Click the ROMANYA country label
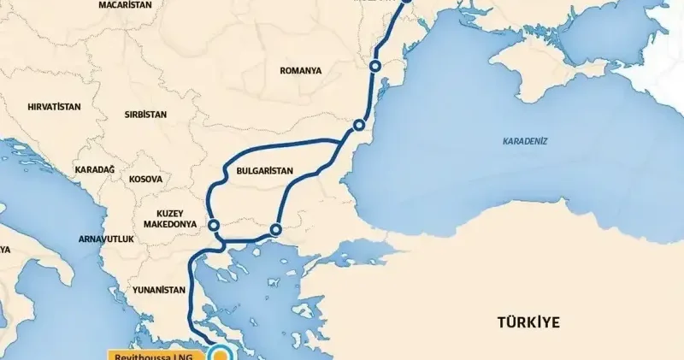(x=301, y=71)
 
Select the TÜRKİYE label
(x=528, y=322)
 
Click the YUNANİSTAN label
(x=158, y=290)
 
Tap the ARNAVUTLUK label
(x=106, y=239)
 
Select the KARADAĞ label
(x=94, y=169)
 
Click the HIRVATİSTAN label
(x=54, y=107)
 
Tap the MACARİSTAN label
(x=125, y=5)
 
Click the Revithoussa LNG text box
(x=156, y=353)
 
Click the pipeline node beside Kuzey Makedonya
(x=214, y=226)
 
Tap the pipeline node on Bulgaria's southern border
(x=275, y=229)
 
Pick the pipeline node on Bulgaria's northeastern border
(x=359, y=127)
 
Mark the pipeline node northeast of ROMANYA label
(x=374, y=67)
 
